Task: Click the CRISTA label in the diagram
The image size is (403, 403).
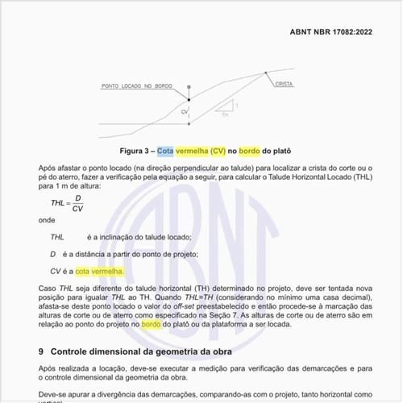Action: [x=284, y=84]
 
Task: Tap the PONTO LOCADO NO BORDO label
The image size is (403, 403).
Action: [x=137, y=85]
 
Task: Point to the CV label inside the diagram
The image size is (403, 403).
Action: [x=184, y=110]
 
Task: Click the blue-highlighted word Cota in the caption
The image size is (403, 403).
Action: [x=165, y=151]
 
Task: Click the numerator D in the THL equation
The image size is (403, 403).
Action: [x=77, y=197]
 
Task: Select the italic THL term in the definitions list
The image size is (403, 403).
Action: [x=57, y=238]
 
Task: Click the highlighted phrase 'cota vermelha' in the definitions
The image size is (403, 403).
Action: [x=100, y=272]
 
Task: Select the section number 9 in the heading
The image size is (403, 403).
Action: [x=42, y=352]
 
